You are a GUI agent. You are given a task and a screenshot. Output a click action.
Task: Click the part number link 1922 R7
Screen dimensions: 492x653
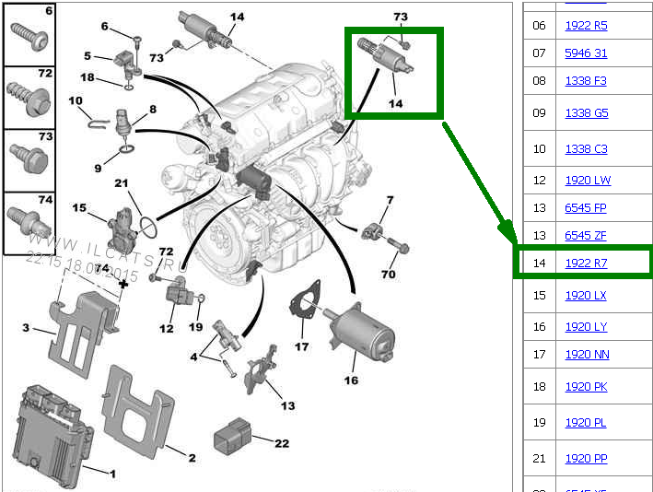coord(586,264)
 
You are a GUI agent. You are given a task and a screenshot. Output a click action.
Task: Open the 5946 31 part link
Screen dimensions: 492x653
coord(586,53)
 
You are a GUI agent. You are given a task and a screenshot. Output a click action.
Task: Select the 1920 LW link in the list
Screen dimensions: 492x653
coord(587,181)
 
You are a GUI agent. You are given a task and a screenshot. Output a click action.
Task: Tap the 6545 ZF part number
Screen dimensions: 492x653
coord(586,236)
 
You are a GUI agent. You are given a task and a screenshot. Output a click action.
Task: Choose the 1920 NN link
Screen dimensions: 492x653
coord(587,355)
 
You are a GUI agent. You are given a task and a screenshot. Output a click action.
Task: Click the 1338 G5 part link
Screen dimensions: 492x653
coord(586,113)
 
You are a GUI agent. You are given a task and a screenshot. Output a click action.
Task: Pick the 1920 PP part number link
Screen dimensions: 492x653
coord(586,458)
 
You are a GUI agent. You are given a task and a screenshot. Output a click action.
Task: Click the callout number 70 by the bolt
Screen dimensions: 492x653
coord(389,274)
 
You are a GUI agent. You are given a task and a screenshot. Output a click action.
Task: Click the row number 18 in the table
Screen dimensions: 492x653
coord(539,387)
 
